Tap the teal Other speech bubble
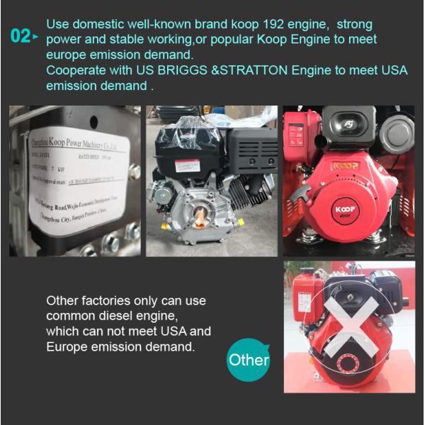(x=249, y=360)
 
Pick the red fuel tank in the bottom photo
(x=307, y=297)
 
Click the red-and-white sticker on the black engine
(x=187, y=165)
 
